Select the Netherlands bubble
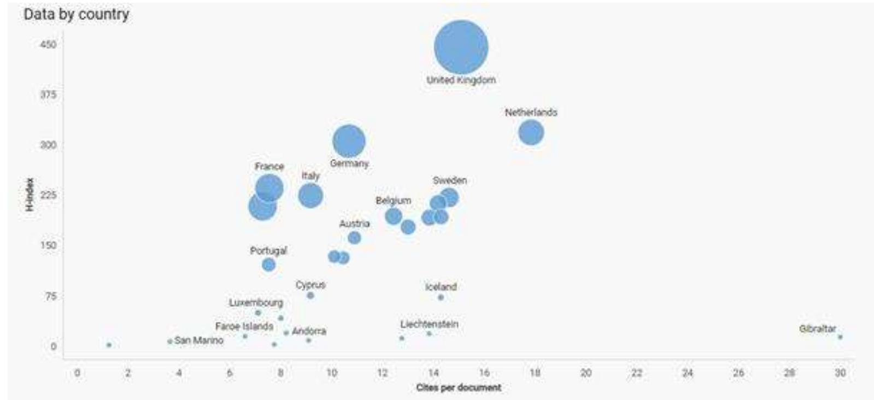point(531,133)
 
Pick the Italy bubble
point(310,196)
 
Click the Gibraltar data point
point(840,337)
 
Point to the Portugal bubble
point(268,264)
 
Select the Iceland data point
point(441,297)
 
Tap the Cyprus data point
point(310,295)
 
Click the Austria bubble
point(354,238)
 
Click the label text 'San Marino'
point(199,340)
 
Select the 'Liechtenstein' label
point(429,324)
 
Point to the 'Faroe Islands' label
point(244,326)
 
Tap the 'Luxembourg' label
point(256,302)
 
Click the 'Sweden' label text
point(449,180)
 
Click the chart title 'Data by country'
point(76,14)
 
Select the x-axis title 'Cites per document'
point(458,387)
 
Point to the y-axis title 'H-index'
point(30,195)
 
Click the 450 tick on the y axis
point(48,44)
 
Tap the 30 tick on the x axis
point(840,373)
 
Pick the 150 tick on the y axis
point(48,245)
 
